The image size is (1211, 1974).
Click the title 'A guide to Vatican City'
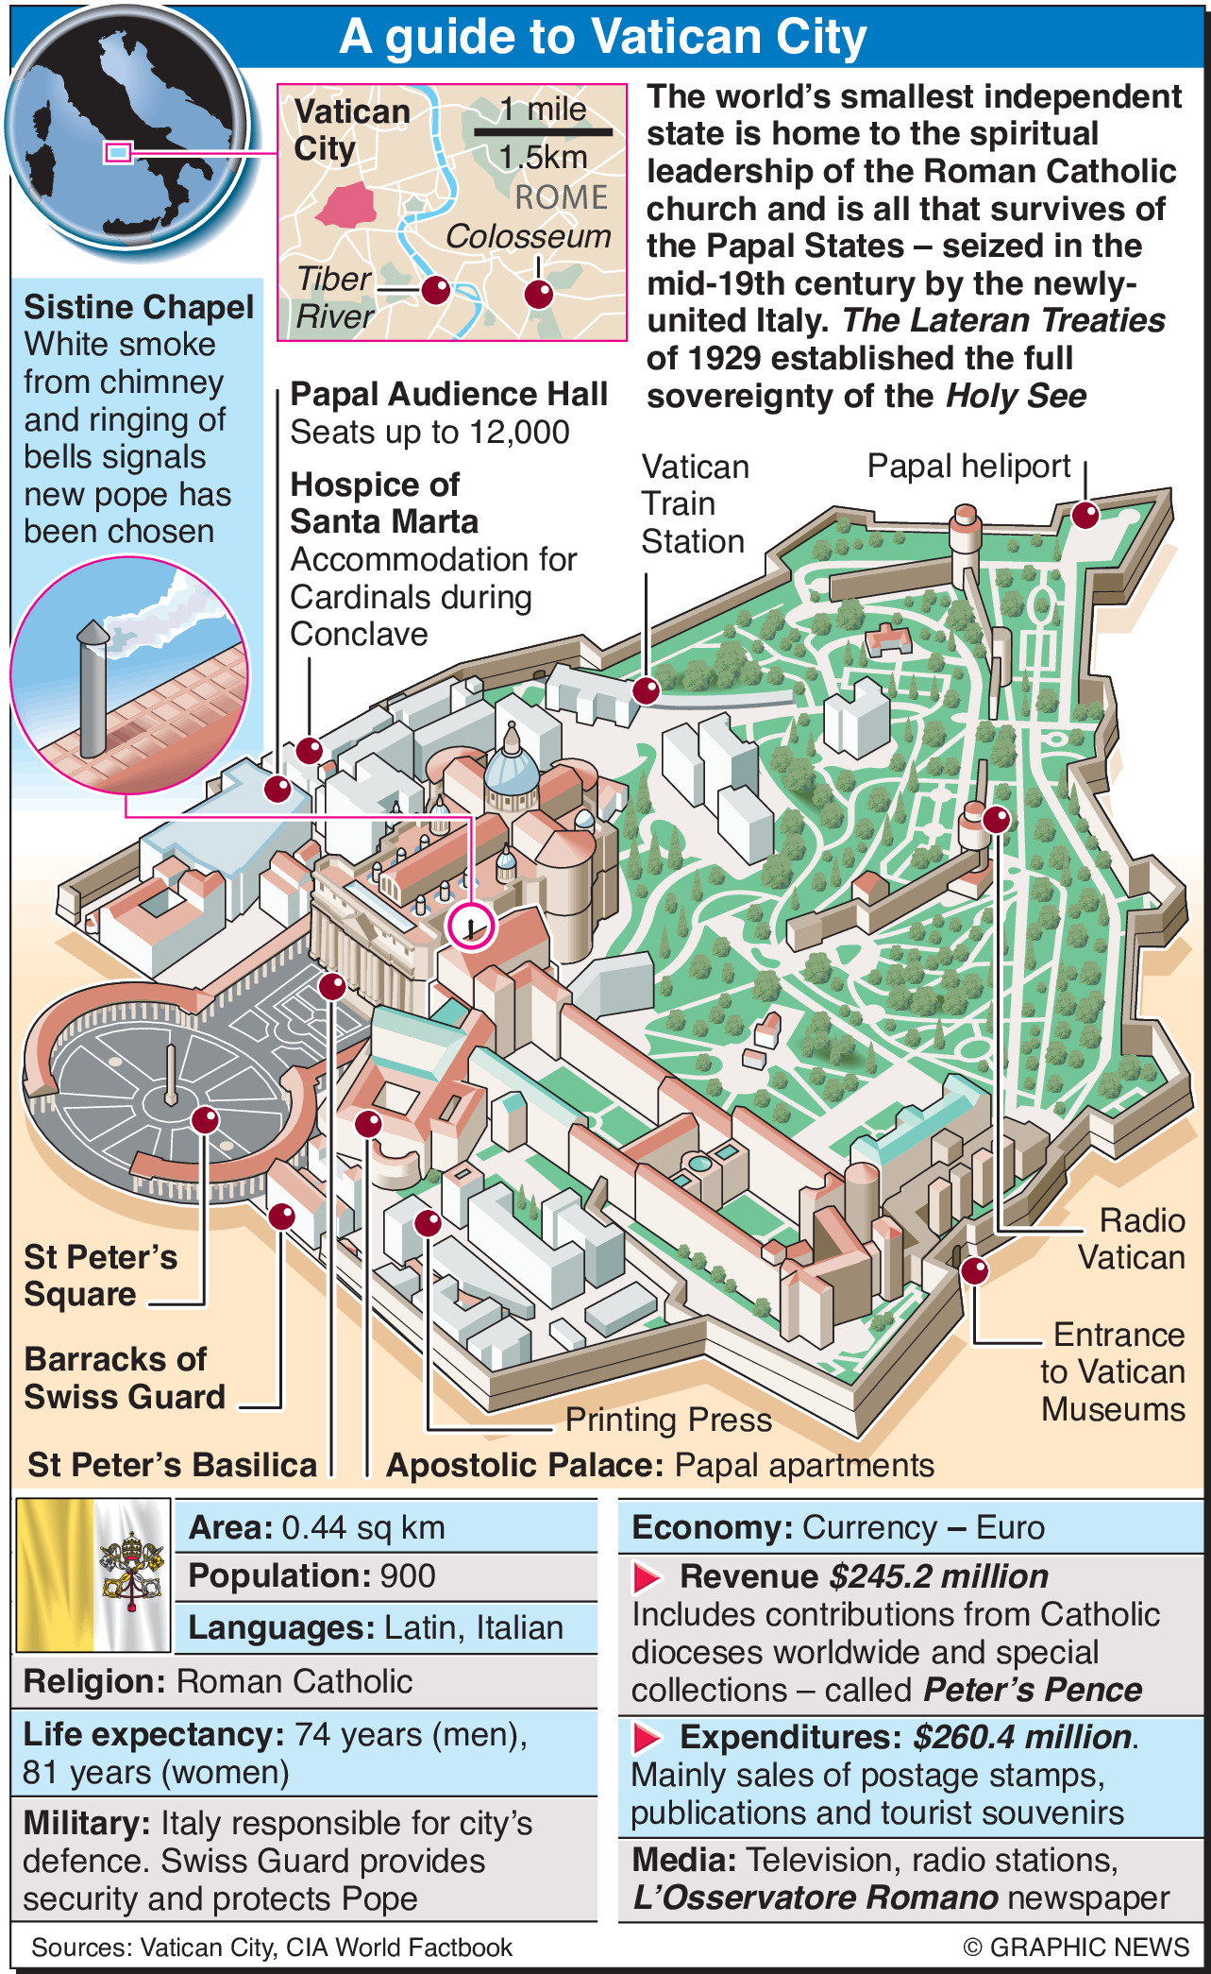point(602,37)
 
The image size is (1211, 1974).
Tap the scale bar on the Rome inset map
point(543,132)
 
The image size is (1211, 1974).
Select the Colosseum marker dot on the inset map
point(538,294)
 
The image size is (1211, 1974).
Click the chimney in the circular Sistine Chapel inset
point(93,689)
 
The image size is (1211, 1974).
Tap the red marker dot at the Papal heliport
point(1085,515)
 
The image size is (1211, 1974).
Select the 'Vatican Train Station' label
point(695,504)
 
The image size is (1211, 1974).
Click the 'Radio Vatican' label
point(1132,1239)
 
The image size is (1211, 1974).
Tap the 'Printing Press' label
point(668,1420)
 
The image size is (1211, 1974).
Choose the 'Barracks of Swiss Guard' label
point(125,1378)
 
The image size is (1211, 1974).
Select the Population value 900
point(408,1576)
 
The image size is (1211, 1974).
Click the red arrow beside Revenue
point(648,1577)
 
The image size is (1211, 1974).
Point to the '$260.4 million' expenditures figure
point(1023,1738)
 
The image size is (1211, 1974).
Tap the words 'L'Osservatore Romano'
point(816,1897)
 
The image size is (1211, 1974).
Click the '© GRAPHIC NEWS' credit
point(1076,1948)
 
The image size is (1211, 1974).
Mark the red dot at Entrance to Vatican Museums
point(975,1270)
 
